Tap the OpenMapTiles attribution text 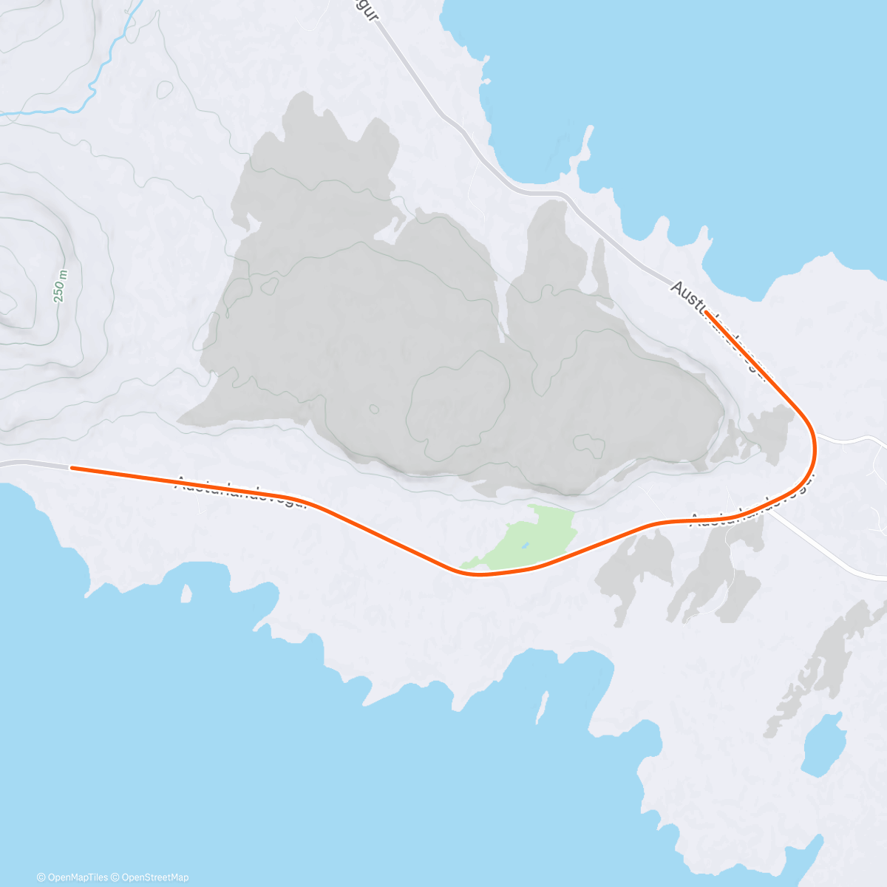[72, 877]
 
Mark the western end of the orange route [71, 467]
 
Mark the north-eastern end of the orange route [707, 313]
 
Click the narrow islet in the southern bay [543, 706]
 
